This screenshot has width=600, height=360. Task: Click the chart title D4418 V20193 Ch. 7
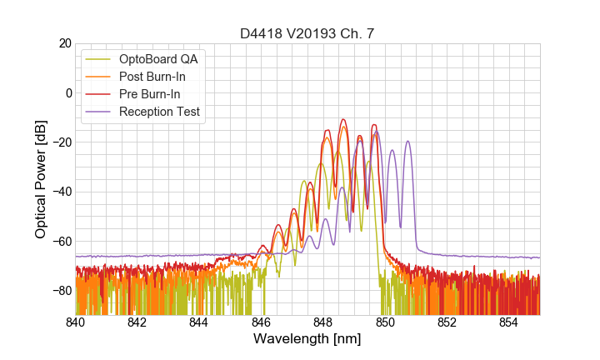coord(307,33)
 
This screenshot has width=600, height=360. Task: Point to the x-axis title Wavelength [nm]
coord(307,339)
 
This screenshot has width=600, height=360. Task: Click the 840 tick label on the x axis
coord(76,322)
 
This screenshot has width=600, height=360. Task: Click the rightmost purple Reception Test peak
coord(407,142)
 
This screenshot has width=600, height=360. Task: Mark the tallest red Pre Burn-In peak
coord(342,120)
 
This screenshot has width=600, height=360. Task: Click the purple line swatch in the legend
coord(97,112)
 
